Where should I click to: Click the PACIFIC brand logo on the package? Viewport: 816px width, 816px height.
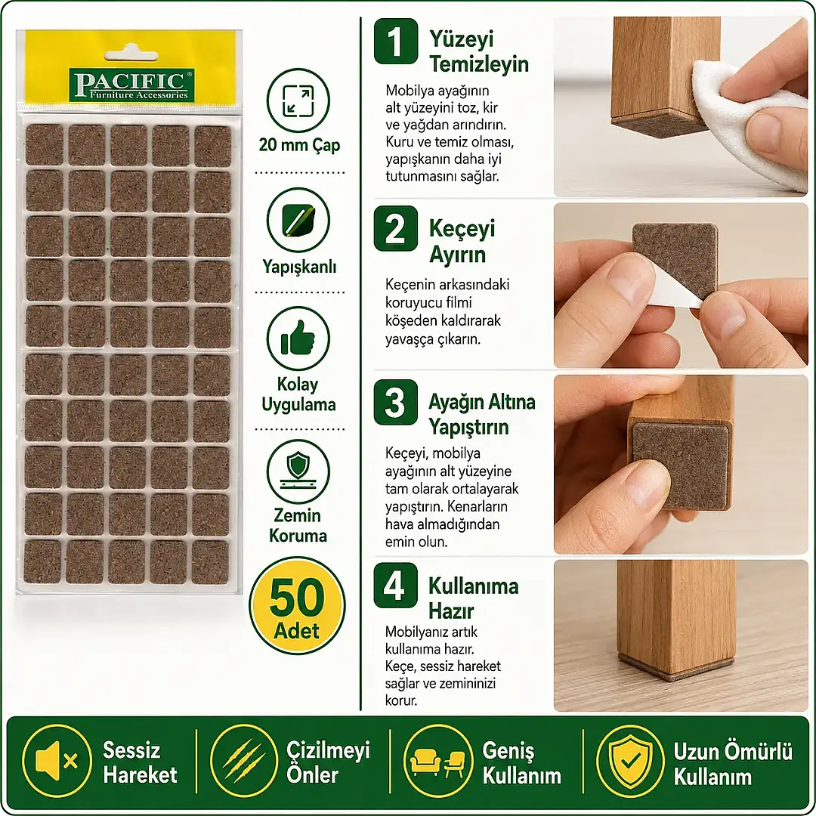(x=131, y=85)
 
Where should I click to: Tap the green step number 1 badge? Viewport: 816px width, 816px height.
(x=395, y=41)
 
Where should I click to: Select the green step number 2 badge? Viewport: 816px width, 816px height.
(x=395, y=228)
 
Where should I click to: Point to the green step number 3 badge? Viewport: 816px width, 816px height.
(x=395, y=402)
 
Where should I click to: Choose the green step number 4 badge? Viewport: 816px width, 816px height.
(x=395, y=586)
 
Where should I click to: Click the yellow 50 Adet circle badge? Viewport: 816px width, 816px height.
(x=297, y=605)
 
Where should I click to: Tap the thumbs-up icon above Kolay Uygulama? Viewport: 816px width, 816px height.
(x=298, y=338)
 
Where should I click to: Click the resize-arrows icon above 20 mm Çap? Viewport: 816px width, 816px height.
(x=298, y=100)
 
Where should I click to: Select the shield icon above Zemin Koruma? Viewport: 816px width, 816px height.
(x=298, y=471)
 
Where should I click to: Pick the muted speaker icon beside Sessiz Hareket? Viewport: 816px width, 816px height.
(x=57, y=761)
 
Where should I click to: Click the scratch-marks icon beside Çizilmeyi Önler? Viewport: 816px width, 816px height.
(x=244, y=761)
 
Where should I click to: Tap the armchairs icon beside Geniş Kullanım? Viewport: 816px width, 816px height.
(x=437, y=761)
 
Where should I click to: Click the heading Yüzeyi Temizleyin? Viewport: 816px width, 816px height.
(x=479, y=51)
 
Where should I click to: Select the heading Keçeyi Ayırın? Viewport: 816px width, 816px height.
(x=462, y=242)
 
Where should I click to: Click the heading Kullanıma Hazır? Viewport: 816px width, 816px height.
(x=473, y=598)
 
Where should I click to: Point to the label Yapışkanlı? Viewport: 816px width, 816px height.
(x=299, y=267)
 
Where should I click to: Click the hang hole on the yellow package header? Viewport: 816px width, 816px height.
(x=131, y=54)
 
